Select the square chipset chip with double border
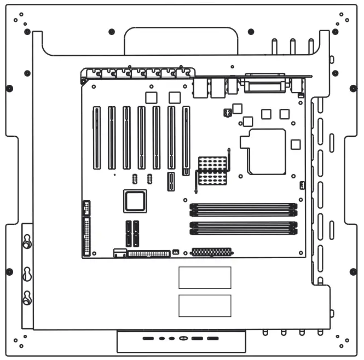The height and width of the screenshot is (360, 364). pos(135,201)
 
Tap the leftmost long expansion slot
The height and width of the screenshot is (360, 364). pos(97,137)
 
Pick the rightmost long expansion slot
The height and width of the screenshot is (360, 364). pos(186,140)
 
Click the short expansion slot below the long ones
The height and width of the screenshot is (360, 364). pos(171,182)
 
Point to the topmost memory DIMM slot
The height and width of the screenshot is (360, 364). pos(243,206)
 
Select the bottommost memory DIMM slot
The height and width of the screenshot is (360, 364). pos(243,232)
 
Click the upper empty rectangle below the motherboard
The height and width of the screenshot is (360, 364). pos(205,277)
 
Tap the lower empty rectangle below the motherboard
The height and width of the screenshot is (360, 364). pos(205,305)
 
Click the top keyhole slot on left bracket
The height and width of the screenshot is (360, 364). pos(27,241)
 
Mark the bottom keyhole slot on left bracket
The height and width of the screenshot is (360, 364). pos(27,298)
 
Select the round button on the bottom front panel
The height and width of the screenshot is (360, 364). pos(183,339)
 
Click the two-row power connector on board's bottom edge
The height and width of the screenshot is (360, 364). pos(211,252)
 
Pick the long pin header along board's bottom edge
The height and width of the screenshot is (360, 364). pos(149,254)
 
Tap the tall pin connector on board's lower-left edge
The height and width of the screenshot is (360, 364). pos(86,236)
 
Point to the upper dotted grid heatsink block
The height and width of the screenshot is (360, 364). pos(212,163)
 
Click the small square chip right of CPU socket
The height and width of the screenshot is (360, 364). pos(296,144)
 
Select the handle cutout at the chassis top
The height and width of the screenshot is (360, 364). pos(181,40)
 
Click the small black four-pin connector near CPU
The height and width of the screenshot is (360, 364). pos(228,113)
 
